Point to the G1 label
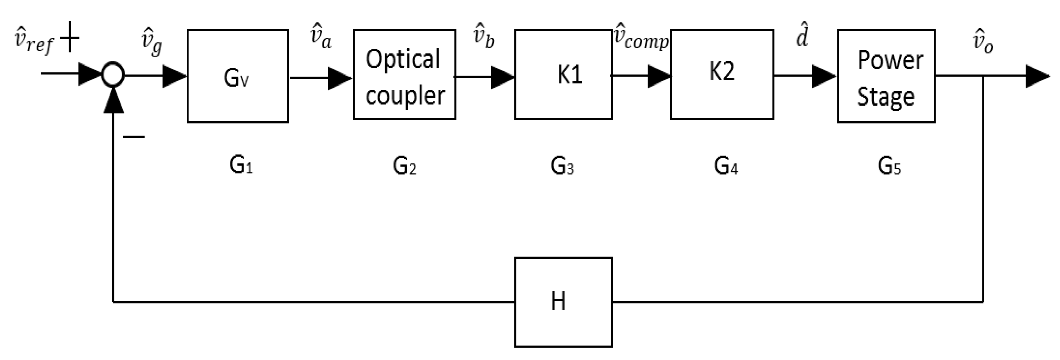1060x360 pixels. click(241, 165)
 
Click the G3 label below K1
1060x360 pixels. click(562, 166)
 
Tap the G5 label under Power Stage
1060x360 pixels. click(889, 166)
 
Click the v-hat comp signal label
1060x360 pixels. click(641, 38)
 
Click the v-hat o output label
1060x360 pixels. click(983, 43)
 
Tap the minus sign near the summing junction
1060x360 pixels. click(134, 137)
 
